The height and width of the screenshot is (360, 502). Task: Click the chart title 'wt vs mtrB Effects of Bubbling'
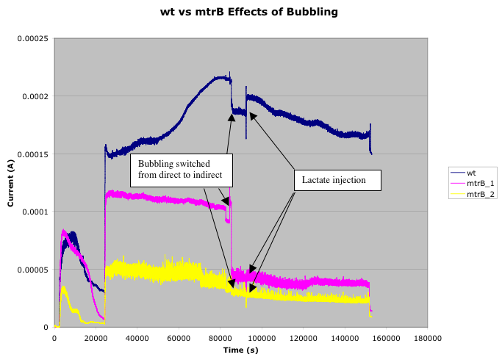(x=250, y=12)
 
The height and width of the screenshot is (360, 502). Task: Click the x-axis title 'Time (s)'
(x=240, y=350)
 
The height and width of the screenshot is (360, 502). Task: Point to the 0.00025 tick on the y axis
(x=32, y=38)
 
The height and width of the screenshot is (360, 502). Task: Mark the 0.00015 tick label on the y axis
(x=32, y=154)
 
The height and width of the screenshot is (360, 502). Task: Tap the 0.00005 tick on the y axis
(x=32, y=270)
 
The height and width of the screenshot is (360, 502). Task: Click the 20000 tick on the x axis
(x=96, y=338)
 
